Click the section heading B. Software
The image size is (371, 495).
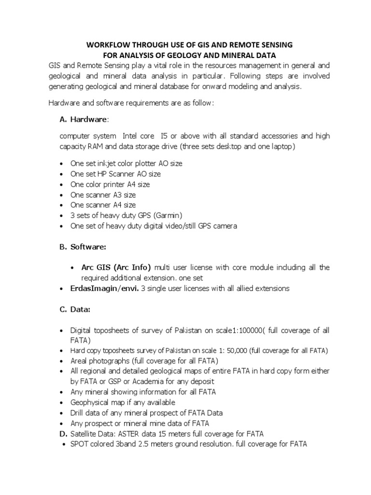click(89, 247)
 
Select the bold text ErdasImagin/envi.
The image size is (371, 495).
click(104, 289)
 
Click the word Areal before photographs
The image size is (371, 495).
click(80, 361)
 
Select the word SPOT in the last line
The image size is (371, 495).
click(80, 444)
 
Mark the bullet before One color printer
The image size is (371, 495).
click(61, 185)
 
